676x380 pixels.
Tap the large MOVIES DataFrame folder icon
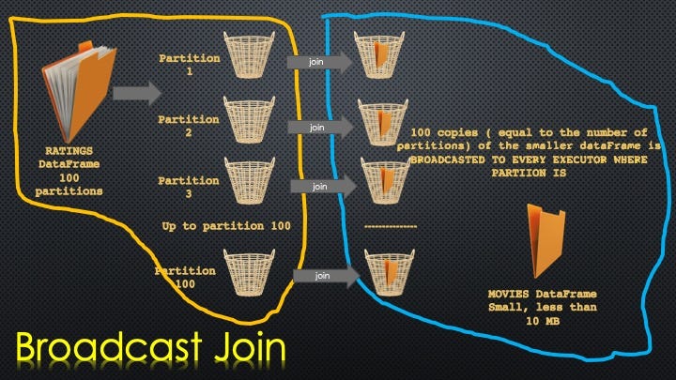pyautogui.click(x=546, y=241)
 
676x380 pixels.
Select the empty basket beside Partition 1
pyautogui.click(x=249, y=54)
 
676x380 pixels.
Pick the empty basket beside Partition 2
pyautogui.click(x=249, y=120)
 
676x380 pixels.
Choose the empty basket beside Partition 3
pyautogui.click(x=249, y=180)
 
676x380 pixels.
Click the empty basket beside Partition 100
pyautogui.click(x=249, y=272)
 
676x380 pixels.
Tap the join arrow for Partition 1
pyautogui.click(x=320, y=62)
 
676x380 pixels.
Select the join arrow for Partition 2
pyautogui.click(x=321, y=128)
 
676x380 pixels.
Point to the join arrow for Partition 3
pyautogui.click(x=324, y=187)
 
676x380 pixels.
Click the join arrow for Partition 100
pyautogui.click(x=327, y=276)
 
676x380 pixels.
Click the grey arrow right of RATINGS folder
pyautogui.click(x=137, y=93)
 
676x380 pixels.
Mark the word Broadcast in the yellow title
pyautogui.click(x=109, y=346)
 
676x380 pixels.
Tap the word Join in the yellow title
pyautogui.click(x=250, y=347)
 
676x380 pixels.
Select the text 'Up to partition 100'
pyautogui.click(x=226, y=226)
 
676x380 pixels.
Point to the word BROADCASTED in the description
pyautogui.click(x=448, y=160)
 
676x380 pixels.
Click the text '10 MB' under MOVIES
pyautogui.click(x=543, y=321)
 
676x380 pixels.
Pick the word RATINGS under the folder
pyautogui.click(x=69, y=151)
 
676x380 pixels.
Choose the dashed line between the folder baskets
pyautogui.click(x=391, y=227)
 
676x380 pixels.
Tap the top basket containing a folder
pyautogui.click(x=379, y=54)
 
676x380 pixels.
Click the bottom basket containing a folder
pyautogui.click(x=390, y=272)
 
